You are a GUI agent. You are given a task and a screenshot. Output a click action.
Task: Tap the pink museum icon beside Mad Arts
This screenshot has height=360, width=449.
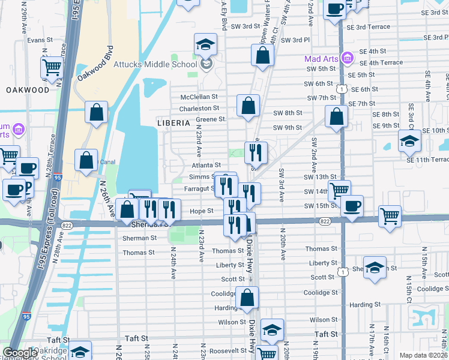click(x=346, y=58)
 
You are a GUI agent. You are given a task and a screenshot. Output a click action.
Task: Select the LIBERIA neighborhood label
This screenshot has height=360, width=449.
click(x=173, y=122)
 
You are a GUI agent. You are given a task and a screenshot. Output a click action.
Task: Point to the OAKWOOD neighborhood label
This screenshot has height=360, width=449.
click(x=28, y=90)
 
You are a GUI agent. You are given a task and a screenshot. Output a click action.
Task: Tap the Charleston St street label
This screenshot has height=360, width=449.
click(x=199, y=108)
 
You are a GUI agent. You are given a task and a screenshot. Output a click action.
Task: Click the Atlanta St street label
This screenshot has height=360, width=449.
click(x=206, y=165)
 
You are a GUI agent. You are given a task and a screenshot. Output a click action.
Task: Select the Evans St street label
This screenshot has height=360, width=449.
click(x=36, y=40)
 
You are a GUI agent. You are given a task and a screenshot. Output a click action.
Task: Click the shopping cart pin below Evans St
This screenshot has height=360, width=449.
click(x=52, y=67)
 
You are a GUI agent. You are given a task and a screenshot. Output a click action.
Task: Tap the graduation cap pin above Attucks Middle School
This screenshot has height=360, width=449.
click(x=205, y=44)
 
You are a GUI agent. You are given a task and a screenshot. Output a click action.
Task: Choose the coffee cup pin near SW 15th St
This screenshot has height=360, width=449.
click(x=352, y=205)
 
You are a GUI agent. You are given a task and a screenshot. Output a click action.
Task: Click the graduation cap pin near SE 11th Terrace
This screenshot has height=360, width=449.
click(x=409, y=141)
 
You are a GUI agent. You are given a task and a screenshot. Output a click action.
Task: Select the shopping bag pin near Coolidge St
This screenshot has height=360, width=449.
click(x=247, y=297)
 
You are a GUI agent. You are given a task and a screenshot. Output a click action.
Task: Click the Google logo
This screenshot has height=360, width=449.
click(x=20, y=353)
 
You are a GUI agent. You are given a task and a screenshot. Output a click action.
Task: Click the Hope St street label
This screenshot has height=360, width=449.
click(x=202, y=211)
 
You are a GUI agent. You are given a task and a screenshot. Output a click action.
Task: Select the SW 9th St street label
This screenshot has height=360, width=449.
click(x=287, y=127)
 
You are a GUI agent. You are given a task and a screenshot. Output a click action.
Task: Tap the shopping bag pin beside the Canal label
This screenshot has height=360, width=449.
click(x=86, y=160)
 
